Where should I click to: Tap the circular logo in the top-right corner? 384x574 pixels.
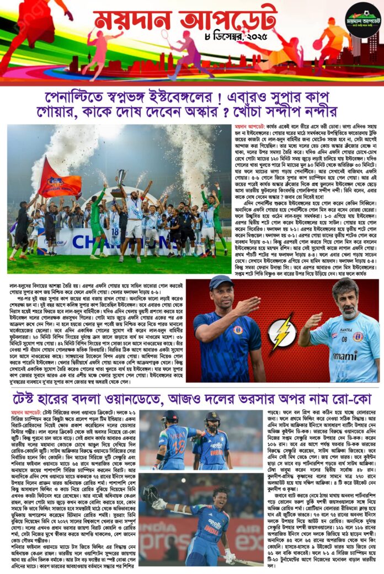(361, 20)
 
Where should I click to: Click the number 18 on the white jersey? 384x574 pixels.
(115, 233)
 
